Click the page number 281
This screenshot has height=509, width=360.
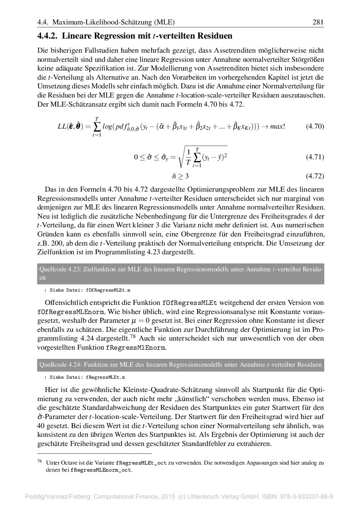click(318, 22)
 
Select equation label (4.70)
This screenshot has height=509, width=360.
click(315, 126)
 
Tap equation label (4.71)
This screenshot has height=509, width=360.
click(315, 157)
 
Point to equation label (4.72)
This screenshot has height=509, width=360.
click(315, 176)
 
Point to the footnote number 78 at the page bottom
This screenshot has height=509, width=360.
click(40, 461)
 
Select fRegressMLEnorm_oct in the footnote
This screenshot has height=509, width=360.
click(101, 470)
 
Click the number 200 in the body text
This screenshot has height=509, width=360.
click(60, 244)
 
